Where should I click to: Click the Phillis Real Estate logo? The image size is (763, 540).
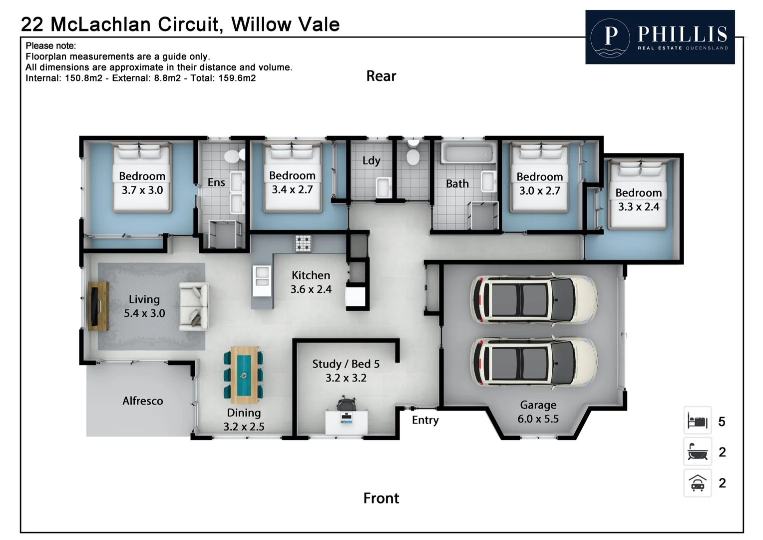click(x=660, y=37)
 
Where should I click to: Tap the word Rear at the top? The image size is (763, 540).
click(x=381, y=76)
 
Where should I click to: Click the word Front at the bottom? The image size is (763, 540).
click(x=381, y=498)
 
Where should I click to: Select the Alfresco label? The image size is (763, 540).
click(x=143, y=401)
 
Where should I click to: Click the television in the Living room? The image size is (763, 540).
click(x=98, y=306)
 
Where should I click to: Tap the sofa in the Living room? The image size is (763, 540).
click(x=194, y=306)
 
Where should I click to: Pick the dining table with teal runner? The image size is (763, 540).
click(x=244, y=374)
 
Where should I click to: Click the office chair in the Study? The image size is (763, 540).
click(x=347, y=403)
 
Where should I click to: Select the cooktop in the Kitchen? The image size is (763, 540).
click(x=303, y=243)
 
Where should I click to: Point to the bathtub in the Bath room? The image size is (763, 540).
click(x=468, y=153)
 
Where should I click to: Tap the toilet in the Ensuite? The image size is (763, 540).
click(x=234, y=155)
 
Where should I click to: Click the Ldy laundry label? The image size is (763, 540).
click(x=371, y=160)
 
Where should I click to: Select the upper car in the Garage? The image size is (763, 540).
click(x=533, y=300)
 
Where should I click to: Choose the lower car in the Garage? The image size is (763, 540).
click(x=533, y=362)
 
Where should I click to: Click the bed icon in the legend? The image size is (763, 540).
click(x=698, y=421)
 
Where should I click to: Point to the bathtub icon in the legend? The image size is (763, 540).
click(x=698, y=452)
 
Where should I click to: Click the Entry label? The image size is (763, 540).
click(x=425, y=420)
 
